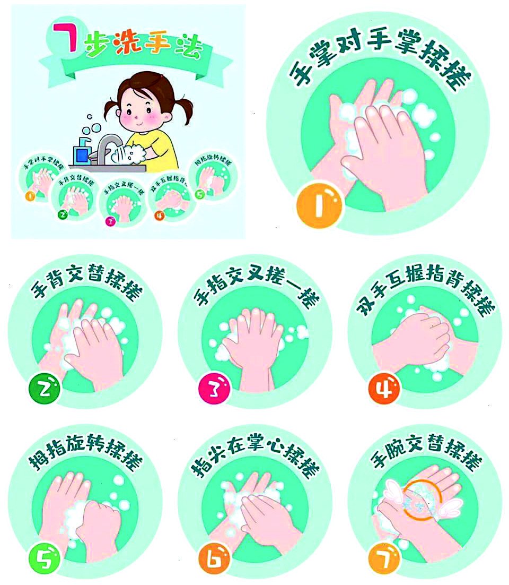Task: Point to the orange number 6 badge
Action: click(x=215, y=557)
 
